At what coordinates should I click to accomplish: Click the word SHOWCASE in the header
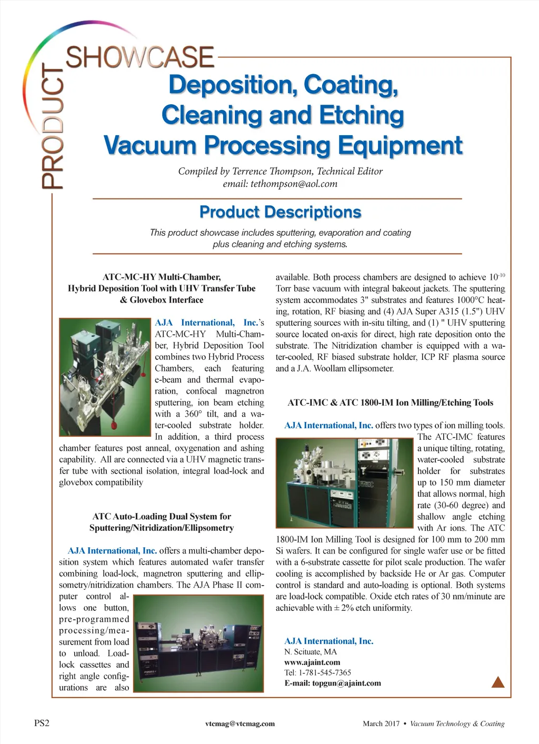coord(140,57)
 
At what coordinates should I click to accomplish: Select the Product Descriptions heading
coord(280,212)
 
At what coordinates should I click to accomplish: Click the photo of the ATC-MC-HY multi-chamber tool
coord(105,377)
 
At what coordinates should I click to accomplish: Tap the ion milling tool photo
coord(344,483)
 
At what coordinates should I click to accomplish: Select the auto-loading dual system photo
coord(198,642)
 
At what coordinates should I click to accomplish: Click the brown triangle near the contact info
coord(497,682)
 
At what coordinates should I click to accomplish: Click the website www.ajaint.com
coord(312,662)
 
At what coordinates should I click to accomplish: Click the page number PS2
coord(42,723)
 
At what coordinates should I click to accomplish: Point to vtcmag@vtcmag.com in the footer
coord(240,723)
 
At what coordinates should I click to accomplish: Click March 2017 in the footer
coord(381,723)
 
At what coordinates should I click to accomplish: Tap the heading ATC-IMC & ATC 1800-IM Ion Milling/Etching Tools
coord(390,403)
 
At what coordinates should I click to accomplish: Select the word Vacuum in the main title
coord(150,146)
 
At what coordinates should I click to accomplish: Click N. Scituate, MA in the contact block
coord(311,652)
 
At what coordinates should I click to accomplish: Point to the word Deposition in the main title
coord(232,85)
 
